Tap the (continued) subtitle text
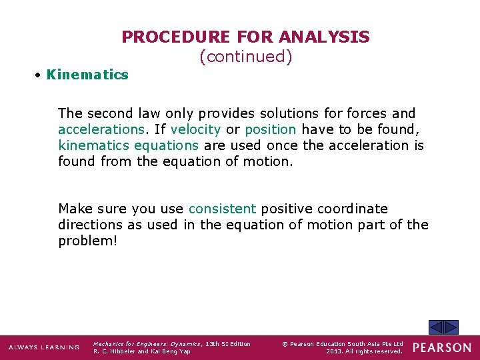pyautogui.click(x=245, y=57)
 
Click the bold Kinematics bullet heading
pyautogui.click(x=87, y=75)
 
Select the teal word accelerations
pyautogui.click(x=101, y=129)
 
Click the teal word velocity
pyautogui.click(x=195, y=129)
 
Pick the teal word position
pyautogui.click(x=270, y=129)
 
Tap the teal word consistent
pyautogui.click(x=222, y=209)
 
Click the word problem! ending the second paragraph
pyautogui.click(x=87, y=241)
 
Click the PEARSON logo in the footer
pyautogui.click(x=442, y=348)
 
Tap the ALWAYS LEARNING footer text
pyautogui.click(x=44, y=347)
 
